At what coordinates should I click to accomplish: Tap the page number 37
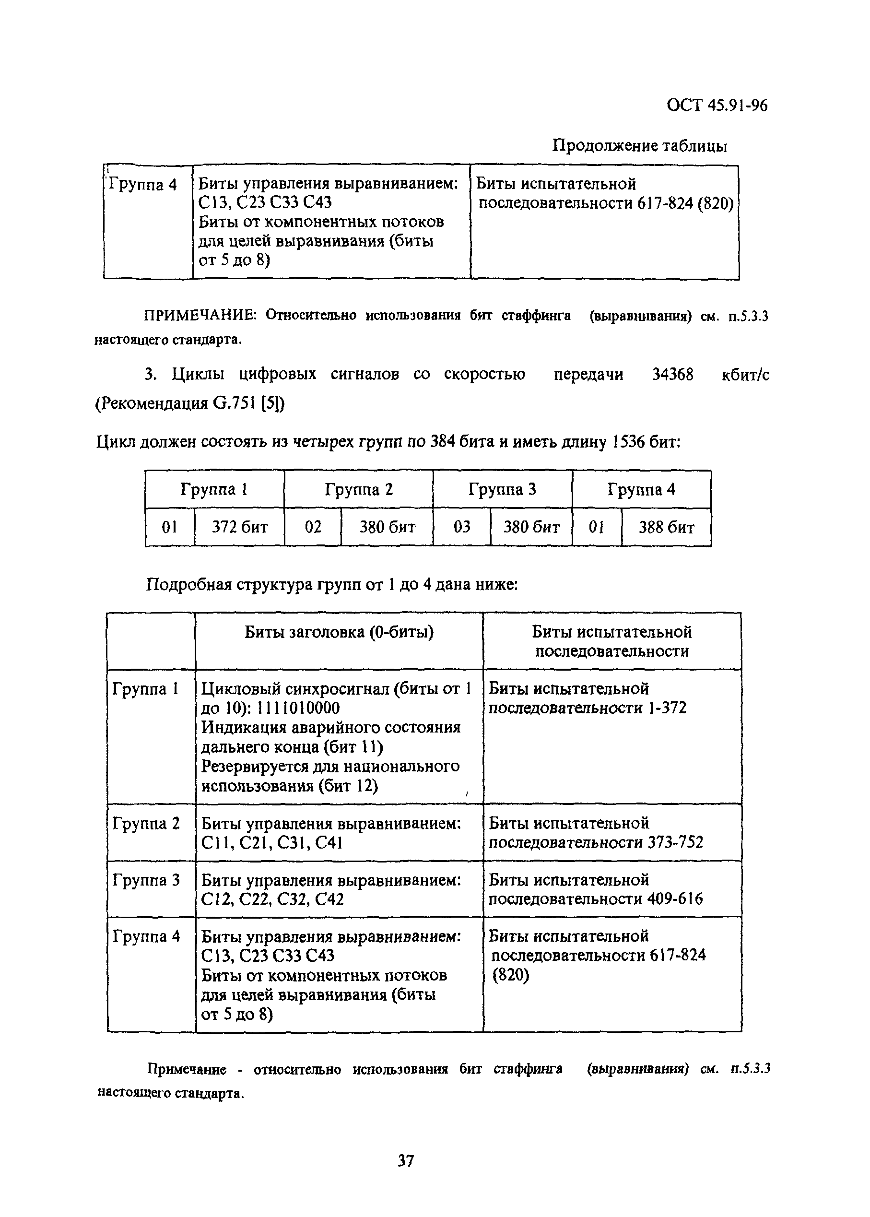point(406,1161)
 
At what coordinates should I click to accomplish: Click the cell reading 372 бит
point(239,527)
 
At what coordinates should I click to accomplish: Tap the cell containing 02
point(312,527)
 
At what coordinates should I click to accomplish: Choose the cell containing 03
point(461,527)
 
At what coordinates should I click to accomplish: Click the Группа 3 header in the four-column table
point(502,489)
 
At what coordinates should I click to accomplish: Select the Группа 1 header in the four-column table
point(214,489)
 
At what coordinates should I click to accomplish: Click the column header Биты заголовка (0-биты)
point(339,632)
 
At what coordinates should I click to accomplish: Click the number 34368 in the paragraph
point(672,375)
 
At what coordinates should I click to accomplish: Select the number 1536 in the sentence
point(628,443)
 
